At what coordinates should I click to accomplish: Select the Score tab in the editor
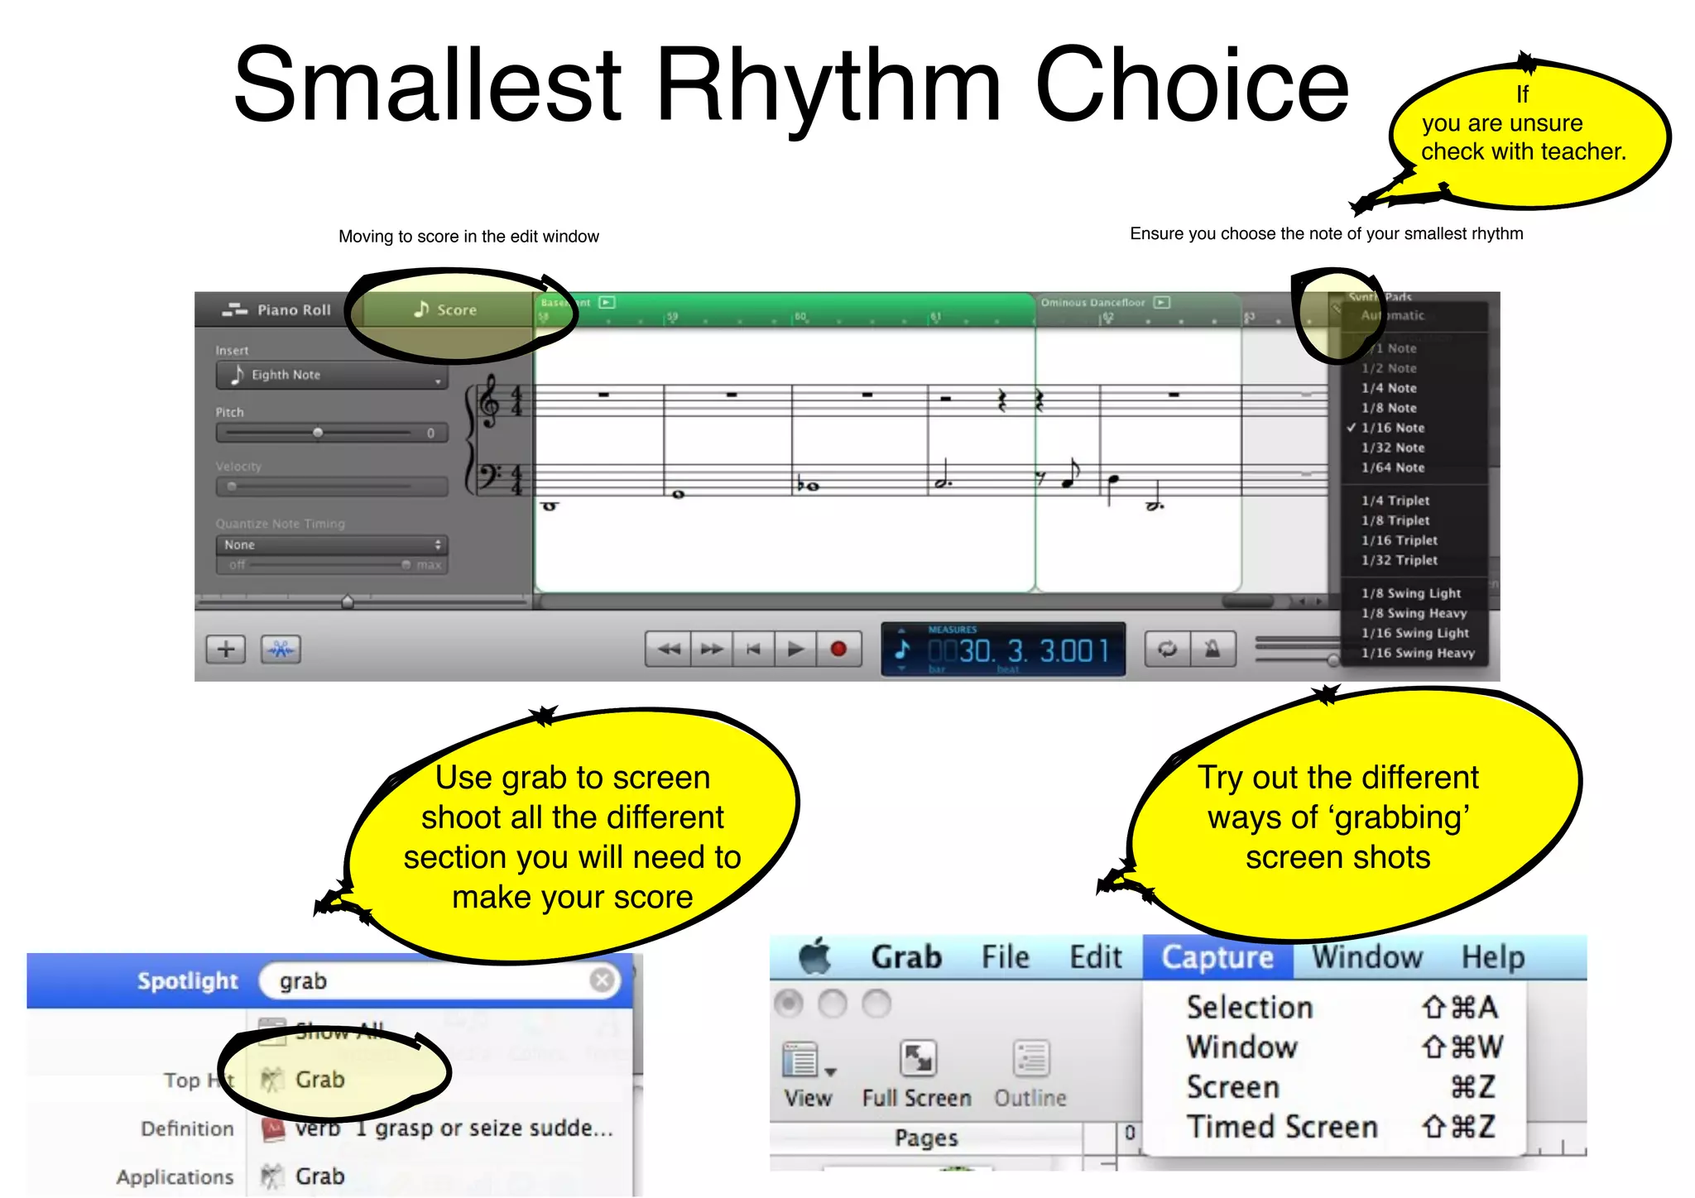coord(446,309)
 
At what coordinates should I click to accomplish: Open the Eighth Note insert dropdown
coord(332,376)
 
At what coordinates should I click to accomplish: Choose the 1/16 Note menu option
coord(1393,428)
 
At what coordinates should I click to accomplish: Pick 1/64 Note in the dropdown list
coord(1393,467)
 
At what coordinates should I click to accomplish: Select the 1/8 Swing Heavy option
coord(1414,613)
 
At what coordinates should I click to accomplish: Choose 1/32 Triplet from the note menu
coord(1399,560)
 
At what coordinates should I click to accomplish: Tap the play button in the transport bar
coord(795,649)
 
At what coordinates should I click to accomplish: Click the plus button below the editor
coord(226,649)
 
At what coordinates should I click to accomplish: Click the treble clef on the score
coord(489,401)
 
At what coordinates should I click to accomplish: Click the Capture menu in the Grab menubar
coord(1217,957)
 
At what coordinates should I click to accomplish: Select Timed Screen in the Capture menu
coord(1282,1127)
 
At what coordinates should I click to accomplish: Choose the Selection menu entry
coord(1250,1008)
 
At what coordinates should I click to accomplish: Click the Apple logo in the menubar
coord(815,956)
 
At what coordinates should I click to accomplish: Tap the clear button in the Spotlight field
coord(602,980)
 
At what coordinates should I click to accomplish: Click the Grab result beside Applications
coord(319,1176)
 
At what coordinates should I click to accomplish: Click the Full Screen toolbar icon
coord(918,1059)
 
